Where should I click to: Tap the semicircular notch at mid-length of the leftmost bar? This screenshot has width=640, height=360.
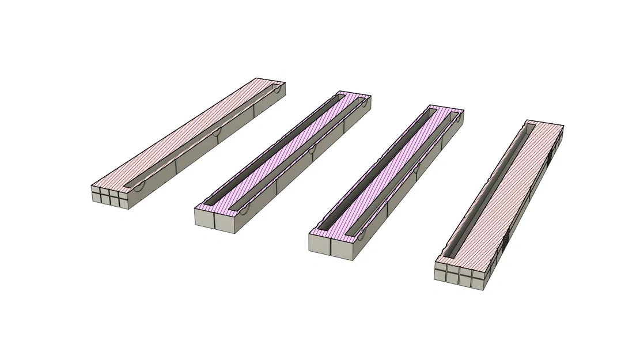(216, 133)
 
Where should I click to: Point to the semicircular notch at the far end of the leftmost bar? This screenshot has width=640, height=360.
(277, 90)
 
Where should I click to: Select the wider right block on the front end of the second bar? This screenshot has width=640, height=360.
(225, 222)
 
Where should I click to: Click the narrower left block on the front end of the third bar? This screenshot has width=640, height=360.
(319, 244)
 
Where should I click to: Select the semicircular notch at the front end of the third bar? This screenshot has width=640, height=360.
(363, 233)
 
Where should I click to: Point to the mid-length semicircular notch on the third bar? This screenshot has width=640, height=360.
(415, 170)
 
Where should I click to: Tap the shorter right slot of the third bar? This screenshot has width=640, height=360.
(403, 173)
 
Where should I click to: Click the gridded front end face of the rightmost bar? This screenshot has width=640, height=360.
(459, 275)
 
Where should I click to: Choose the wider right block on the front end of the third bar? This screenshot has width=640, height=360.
(341, 247)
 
